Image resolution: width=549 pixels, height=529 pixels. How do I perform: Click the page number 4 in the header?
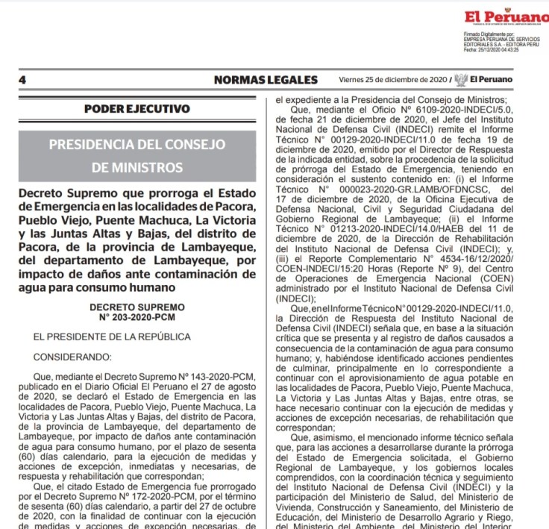point(23,80)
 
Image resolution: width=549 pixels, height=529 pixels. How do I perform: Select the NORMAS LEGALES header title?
point(266,80)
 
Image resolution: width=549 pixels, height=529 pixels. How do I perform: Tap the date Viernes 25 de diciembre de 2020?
point(392,80)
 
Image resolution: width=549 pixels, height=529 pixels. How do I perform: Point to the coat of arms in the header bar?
point(462,80)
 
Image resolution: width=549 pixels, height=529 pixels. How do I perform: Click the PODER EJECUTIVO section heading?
point(137,109)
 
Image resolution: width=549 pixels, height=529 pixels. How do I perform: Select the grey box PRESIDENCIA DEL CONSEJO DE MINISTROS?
point(137,156)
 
